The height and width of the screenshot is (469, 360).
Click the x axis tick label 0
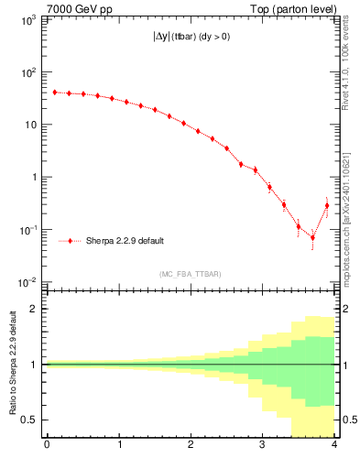coord(47,446)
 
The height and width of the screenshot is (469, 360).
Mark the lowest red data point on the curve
coord(312,237)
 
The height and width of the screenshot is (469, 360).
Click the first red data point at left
coord(55,92)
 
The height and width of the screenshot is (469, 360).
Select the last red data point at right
coord(326,205)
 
